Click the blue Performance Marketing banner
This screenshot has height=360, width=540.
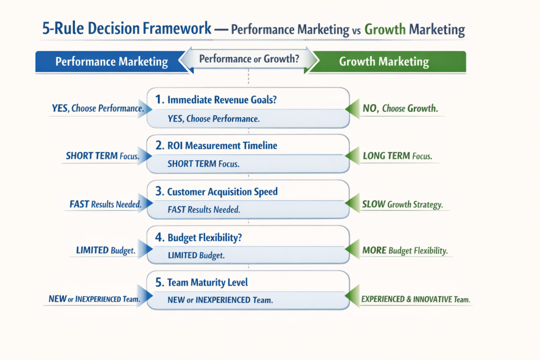coord(111,62)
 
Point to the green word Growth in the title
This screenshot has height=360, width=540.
coord(385,29)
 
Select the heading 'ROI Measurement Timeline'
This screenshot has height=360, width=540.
coord(221,145)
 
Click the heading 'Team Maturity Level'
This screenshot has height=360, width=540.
coord(207,283)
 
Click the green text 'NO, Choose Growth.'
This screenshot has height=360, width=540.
coord(400,109)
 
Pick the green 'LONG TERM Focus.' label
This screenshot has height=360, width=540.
coord(398,156)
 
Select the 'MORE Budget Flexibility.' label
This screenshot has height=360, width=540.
coord(405,251)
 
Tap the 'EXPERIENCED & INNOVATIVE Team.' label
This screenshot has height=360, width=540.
coord(416,299)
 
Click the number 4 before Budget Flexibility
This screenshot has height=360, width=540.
coord(160,237)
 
